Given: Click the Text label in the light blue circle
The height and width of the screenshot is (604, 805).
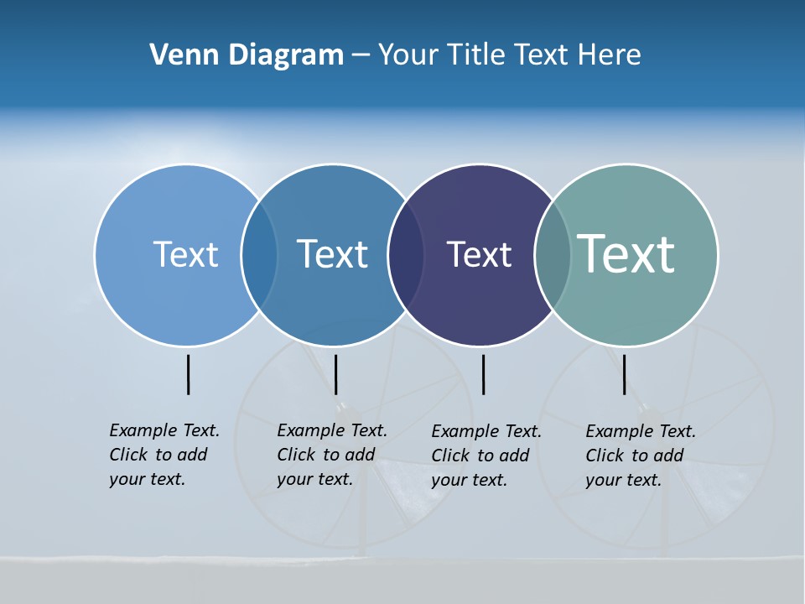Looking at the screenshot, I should tap(185, 254).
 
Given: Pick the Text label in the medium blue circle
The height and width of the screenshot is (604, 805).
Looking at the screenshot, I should tap(332, 254).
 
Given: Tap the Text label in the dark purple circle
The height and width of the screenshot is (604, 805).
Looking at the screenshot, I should tap(479, 254).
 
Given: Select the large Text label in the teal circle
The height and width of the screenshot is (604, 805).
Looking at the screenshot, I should tap(626, 254).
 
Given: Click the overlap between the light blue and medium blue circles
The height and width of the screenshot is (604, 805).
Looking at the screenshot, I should tap(259, 254).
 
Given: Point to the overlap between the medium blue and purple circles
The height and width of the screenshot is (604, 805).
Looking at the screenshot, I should tap(406, 254).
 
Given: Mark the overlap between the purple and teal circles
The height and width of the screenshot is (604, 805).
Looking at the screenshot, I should tap(553, 254).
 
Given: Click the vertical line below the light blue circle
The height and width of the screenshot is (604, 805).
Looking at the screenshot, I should tap(189, 374).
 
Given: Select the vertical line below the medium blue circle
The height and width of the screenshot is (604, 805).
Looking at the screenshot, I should tap(335, 374).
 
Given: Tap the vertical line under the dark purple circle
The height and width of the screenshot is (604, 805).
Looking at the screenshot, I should tap(483, 374).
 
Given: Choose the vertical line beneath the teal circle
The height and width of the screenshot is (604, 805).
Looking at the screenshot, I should tap(624, 374).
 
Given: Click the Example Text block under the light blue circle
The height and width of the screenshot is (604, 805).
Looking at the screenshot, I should tap(164, 455).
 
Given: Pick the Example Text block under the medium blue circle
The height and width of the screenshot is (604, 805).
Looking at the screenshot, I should tap(332, 455).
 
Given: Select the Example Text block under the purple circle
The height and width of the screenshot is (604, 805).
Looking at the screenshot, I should tap(486, 456).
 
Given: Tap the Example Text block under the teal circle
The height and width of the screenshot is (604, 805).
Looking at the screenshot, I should tap(641, 456).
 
